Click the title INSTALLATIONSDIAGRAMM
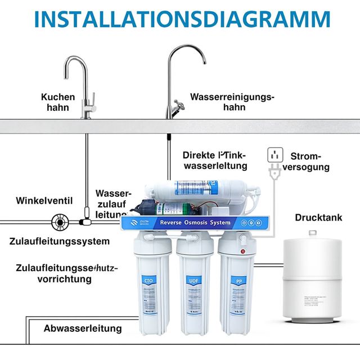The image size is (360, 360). coord(180,18)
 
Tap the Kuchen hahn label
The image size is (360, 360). coord(57,102)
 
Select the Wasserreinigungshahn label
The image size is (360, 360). coord(232,102)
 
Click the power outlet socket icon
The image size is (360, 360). coord(274,155)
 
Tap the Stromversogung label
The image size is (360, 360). coord(310,161)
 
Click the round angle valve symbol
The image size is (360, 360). coord(60,222)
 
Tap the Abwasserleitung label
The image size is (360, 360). coord(83,328)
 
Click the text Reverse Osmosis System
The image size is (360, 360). coord(195,223)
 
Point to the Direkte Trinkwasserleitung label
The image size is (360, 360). coord(215,160)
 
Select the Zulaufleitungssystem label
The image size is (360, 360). coord(59,241)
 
